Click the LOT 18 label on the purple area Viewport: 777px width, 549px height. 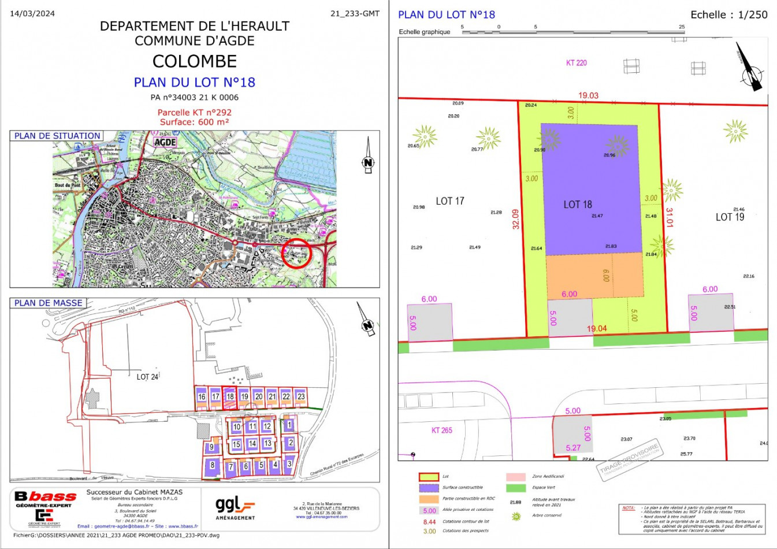pos(578,205)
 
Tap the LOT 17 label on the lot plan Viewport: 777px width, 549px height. pos(450,201)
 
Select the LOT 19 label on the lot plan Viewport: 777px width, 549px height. pos(730,217)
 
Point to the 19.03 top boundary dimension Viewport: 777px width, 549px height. pos(589,95)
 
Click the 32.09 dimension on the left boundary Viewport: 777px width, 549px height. pos(516,219)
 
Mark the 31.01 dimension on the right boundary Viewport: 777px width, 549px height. pos(670,217)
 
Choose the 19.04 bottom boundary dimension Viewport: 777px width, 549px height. pos(597,329)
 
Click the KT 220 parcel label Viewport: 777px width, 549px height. pos(576,63)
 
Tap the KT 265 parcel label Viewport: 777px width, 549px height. pos(442,431)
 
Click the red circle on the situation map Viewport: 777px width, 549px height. pos(297,253)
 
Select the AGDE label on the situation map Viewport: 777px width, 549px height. pos(165,142)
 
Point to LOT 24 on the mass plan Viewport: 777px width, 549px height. pos(147,377)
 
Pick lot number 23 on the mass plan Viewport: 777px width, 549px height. pos(301,397)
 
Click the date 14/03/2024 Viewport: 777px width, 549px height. pos(32,14)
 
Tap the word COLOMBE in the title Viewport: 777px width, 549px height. pos(195,61)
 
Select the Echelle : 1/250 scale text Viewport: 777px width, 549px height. pos(729,15)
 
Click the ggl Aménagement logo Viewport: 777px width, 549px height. pos(235,508)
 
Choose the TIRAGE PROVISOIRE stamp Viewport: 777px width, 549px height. pos(629,461)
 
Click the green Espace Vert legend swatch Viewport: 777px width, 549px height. pos(516,488)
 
